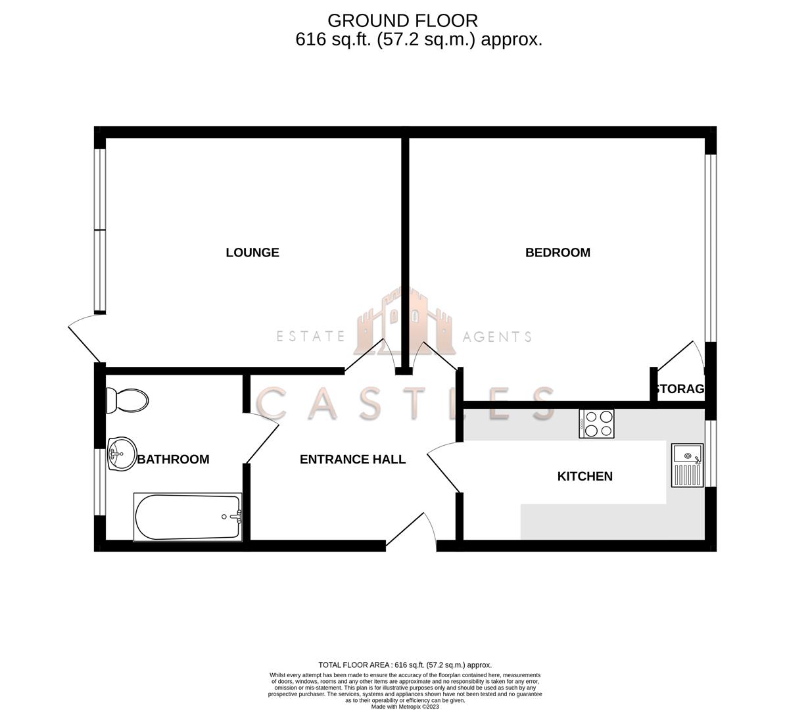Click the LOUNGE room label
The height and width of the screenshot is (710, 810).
pyautogui.click(x=252, y=252)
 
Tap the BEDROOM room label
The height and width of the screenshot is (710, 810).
pyautogui.click(x=558, y=252)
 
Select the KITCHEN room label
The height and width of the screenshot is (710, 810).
pyautogui.click(x=584, y=476)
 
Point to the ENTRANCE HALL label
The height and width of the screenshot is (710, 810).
pyautogui.click(x=352, y=460)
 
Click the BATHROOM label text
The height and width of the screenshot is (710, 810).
pyautogui.click(x=173, y=460)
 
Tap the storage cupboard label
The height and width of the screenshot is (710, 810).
pyautogui.click(x=679, y=389)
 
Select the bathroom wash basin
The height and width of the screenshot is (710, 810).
pyautogui.click(x=122, y=454)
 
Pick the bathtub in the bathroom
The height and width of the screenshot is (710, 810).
pyautogui.click(x=187, y=517)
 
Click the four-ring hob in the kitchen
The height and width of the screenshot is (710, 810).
pyautogui.click(x=596, y=423)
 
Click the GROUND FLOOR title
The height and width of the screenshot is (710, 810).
pyautogui.click(x=402, y=21)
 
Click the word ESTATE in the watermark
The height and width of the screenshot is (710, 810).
pyautogui.click(x=310, y=337)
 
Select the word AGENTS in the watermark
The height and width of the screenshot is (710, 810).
pyautogui.click(x=497, y=337)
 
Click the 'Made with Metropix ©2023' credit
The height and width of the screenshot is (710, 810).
pyautogui.click(x=405, y=707)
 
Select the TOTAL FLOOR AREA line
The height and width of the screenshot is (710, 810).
pyautogui.click(x=405, y=665)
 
